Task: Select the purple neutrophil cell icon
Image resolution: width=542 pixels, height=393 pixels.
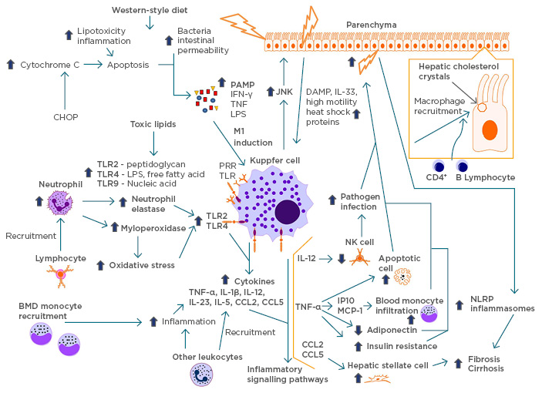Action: point(59,203)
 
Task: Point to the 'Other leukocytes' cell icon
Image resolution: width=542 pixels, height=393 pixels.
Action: point(201,375)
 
